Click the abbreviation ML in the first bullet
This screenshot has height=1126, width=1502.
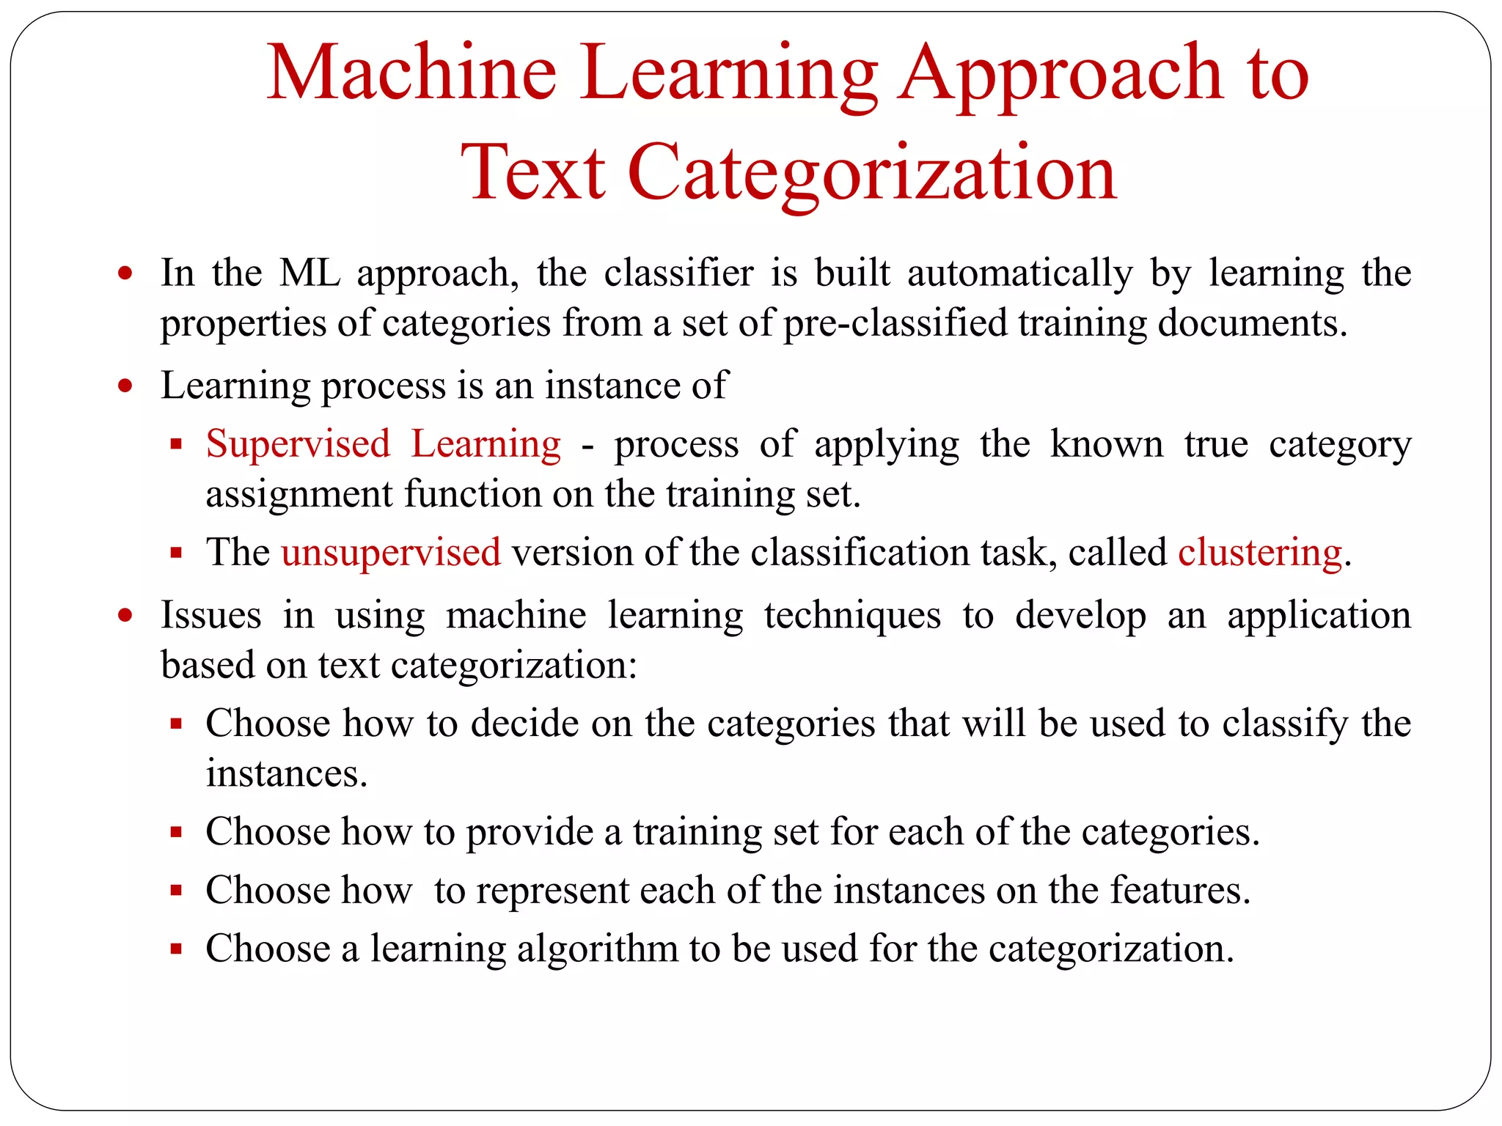310,273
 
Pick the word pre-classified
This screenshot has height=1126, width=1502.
895,323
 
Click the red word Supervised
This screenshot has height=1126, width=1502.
298,444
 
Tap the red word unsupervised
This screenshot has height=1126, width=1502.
391,552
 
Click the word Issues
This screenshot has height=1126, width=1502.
211,614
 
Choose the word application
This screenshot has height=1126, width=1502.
1319,616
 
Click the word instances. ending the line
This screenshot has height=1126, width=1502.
286,773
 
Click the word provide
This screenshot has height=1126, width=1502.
530,833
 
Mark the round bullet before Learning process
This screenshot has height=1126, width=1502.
126,386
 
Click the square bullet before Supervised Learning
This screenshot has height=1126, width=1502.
176,444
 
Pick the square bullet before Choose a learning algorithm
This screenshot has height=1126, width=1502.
176,949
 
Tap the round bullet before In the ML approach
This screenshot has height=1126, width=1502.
126,273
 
